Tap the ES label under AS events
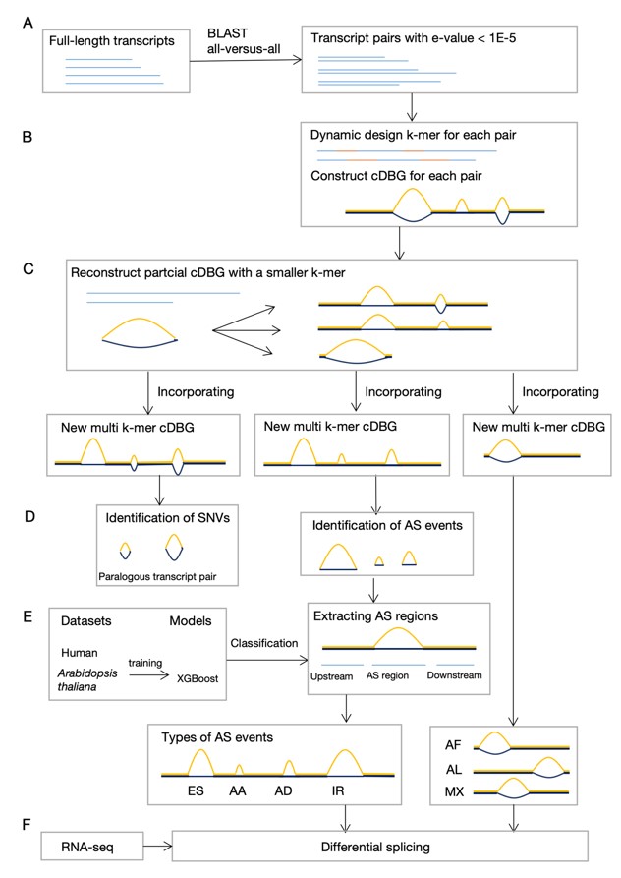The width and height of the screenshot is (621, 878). click(198, 790)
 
